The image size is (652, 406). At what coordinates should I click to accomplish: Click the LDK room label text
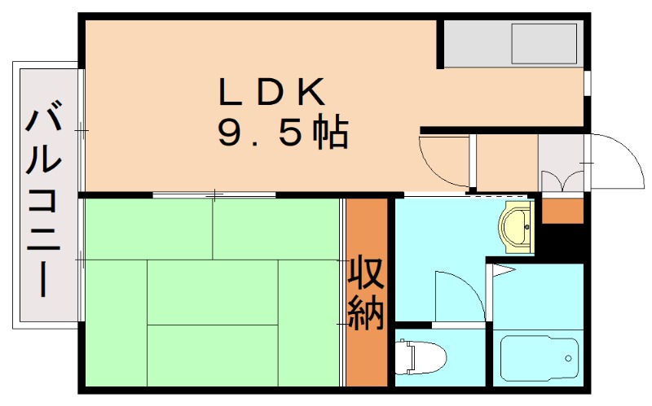point(272,91)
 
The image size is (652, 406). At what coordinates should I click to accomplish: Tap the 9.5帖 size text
point(282,132)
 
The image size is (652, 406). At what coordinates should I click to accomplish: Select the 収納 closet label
point(366,293)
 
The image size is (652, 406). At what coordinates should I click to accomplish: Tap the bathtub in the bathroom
point(537,357)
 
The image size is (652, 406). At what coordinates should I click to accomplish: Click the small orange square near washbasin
point(562,210)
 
